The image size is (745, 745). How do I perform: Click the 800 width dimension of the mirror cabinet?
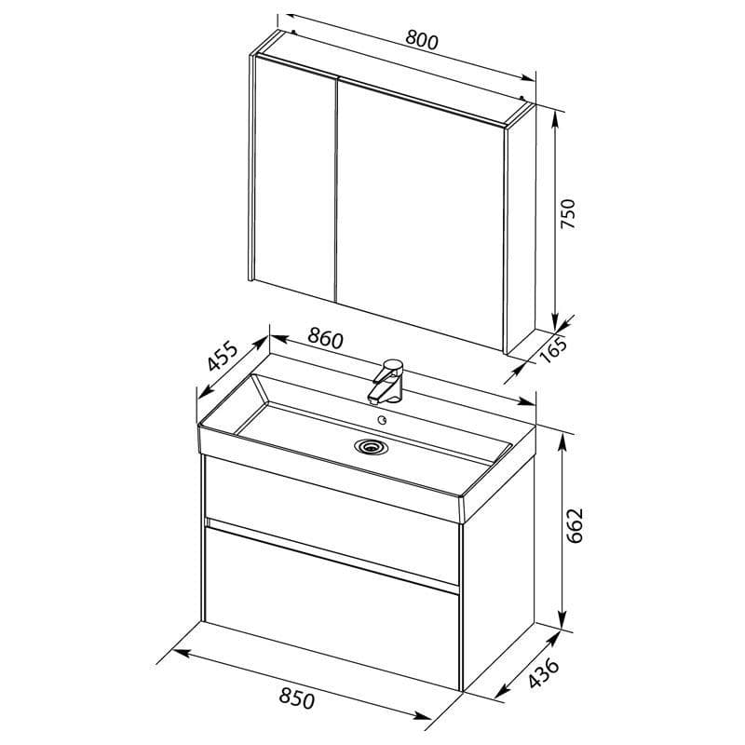pyautogui.click(x=422, y=41)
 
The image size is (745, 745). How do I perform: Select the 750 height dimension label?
pyautogui.click(x=568, y=213)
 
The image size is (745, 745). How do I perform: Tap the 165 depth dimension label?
pyautogui.click(x=554, y=350)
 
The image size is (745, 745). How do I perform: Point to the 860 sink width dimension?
pyautogui.click(x=325, y=338)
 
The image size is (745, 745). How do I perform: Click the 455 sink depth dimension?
pyautogui.click(x=222, y=356)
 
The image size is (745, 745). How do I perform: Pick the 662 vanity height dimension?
pyautogui.click(x=575, y=525)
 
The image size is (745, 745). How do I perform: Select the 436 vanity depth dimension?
pyautogui.click(x=545, y=672)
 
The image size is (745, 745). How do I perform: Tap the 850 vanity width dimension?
pyautogui.click(x=296, y=698)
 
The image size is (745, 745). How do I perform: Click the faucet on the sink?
pyautogui.click(x=386, y=381)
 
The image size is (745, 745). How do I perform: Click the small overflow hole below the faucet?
pyautogui.click(x=382, y=420)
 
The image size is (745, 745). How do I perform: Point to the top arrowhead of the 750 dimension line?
pyautogui.click(x=554, y=120)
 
